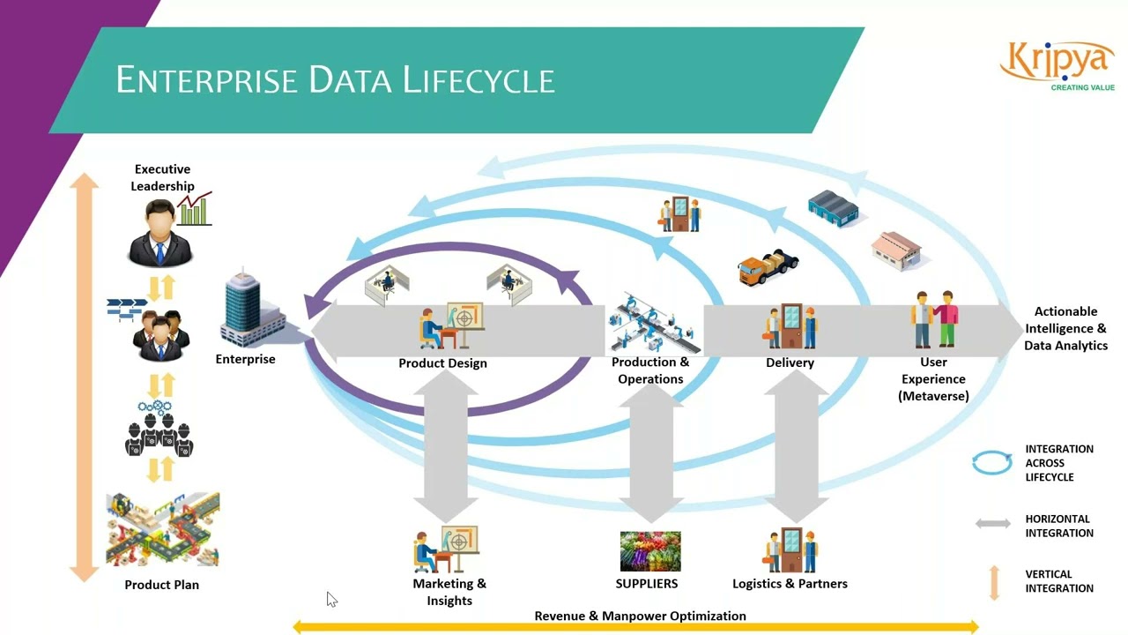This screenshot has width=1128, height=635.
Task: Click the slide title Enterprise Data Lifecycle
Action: tap(335, 80)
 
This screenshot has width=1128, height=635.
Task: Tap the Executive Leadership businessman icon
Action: tap(160, 233)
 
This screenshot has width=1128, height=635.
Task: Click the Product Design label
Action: tap(442, 363)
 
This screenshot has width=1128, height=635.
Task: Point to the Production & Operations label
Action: tap(650, 370)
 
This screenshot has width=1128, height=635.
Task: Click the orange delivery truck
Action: tap(768, 267)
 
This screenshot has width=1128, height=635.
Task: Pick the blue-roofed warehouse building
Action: tap(833, 208)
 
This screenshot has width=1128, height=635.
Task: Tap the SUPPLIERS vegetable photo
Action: tap(649, 551)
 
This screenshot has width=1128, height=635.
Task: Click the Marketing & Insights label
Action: tap(449, 592)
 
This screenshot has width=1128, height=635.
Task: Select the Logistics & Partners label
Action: tap(790, 584)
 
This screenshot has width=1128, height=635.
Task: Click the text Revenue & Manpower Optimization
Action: tap(640, 616)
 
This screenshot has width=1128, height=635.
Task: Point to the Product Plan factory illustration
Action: tap(162, 529)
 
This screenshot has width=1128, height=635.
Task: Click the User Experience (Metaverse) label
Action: tap(933, 379)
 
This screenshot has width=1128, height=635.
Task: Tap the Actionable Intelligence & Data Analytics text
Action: tap(1065, 328)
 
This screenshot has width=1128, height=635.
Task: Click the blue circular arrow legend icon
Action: tap(991, 463)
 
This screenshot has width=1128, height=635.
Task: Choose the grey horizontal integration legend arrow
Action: tap(992, 524)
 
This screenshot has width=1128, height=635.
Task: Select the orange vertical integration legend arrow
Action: tap(994, 582)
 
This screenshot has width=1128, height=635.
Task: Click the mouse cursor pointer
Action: tap(331, 600)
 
